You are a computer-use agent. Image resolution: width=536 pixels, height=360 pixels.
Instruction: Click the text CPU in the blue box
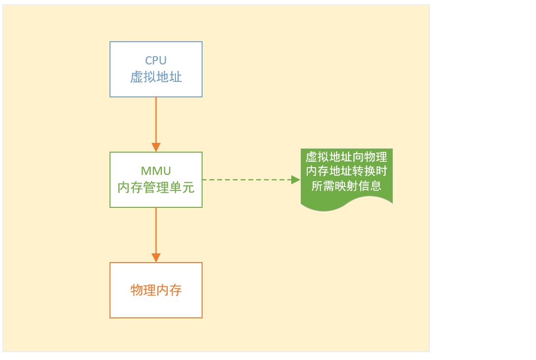click(x=156, y=61)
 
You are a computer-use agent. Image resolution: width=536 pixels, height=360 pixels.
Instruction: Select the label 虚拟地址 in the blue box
click(x=156, y=77)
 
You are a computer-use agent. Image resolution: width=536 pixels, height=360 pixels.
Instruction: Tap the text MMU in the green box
click(x=156, y=171)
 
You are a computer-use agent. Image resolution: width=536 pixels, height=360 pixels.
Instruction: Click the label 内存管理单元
click(x=156, y=188)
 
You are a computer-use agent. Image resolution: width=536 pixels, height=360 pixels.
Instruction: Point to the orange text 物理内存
click(x=156, y=290)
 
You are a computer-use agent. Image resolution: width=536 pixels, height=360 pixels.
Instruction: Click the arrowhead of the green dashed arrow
click(x=296, y=180)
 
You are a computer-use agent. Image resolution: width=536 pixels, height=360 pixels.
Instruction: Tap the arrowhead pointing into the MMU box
click(x=156, y=147)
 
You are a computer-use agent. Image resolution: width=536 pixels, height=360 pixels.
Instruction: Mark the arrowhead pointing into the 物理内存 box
click(x=156, y=258)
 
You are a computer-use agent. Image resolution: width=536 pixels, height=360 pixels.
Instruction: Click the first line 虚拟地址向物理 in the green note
click(x=347, y=157)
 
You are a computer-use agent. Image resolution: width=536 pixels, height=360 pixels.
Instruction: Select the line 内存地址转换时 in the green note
click(x=347, y=172)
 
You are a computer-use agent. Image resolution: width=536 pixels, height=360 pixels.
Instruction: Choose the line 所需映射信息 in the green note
click(x=347, y=186)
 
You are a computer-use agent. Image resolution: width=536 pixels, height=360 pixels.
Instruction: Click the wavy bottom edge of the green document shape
click(x=347, y=207)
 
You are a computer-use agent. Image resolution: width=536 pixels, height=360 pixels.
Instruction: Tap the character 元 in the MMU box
click(x=189, y=188)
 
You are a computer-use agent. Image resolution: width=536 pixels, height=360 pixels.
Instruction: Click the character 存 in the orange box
click(x=175, y=290)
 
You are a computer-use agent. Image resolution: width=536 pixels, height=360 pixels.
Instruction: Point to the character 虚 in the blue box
click(x=137, y=77)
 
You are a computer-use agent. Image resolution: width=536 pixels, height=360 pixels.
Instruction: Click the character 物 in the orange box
click(x=137, y=290)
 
